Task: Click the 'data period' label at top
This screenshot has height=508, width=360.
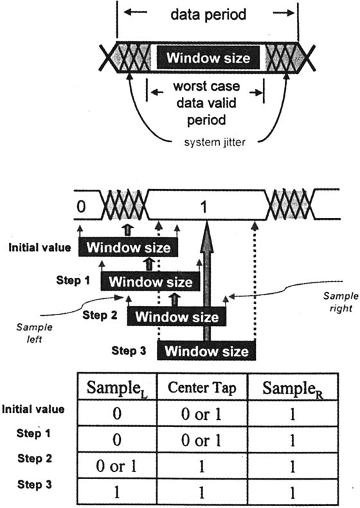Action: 208,15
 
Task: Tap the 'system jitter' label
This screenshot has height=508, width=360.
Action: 215,142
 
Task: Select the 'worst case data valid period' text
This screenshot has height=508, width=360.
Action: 206,103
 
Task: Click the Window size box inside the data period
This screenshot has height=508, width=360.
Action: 208,58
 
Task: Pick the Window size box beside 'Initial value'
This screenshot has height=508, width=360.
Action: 129,248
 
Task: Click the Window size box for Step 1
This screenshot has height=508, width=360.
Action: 150,282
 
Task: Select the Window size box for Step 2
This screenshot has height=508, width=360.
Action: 177,316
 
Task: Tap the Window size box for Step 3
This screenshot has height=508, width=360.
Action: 206,351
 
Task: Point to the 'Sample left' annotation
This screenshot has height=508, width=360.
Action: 34,332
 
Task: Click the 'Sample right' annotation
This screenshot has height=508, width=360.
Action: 341,302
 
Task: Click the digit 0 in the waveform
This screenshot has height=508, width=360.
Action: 82,206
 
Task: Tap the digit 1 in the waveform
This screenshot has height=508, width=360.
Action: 204,207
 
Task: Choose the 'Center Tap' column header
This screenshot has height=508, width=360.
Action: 202,388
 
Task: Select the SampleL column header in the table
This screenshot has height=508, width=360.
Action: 117,388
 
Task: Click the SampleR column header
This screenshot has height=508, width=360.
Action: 293,388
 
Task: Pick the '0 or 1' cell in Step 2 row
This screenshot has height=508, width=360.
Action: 116,466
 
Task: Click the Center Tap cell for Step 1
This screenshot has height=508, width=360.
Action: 201,440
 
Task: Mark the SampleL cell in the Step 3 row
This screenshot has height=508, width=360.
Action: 116,492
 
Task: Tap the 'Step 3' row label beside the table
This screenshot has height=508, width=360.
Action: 34,485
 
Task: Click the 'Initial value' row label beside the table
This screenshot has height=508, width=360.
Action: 33,409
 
